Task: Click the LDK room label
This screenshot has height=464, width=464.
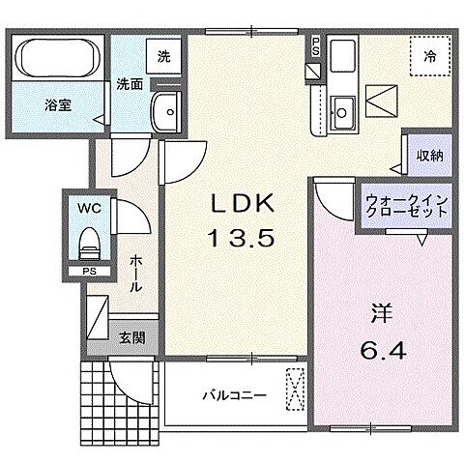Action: tap(245, 205)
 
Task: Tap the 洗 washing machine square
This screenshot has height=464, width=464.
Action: tap(163, 56)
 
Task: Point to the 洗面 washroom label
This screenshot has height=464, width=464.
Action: tap(130, 83)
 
